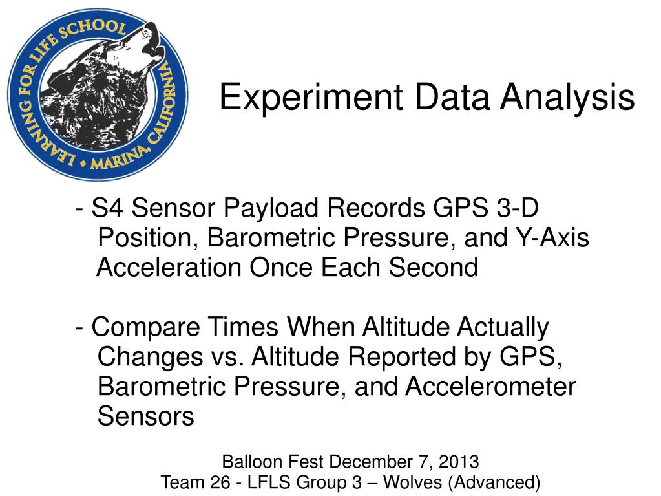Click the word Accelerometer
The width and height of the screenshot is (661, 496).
490,387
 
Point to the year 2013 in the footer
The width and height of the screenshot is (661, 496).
459,462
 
